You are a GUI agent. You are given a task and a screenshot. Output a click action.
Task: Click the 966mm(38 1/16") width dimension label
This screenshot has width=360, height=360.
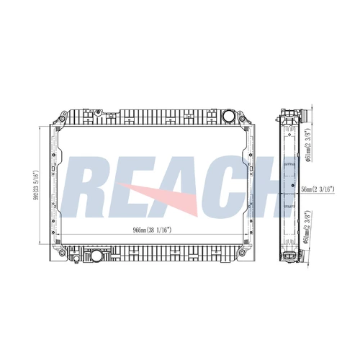pyautogui.click(x=152, y=230)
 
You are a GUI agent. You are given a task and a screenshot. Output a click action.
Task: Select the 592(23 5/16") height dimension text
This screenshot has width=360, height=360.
pyautogui.click(x=36, y=184)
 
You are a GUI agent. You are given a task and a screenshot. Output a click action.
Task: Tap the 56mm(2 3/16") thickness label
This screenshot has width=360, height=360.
pyautogui.click(x=318, y=189)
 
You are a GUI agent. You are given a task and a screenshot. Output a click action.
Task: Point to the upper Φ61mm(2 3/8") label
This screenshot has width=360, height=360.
pyautogui.click(x=308, y=145)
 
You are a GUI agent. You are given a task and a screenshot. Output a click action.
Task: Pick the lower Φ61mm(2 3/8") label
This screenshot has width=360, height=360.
pyautogui.click(x=308, y=228)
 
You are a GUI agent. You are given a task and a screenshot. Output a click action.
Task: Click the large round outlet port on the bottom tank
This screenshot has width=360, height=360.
pyautogui.click(x=96, y=256)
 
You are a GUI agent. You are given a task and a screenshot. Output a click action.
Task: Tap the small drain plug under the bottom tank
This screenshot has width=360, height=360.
pyautogui.click(x=76, y=259)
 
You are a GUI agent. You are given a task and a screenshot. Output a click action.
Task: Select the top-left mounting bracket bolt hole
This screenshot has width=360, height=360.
pyautogui.click(x=62, y=119)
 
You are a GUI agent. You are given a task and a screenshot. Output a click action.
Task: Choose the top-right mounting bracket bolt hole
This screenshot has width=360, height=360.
pyautogui.click(x=242, y=119)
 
